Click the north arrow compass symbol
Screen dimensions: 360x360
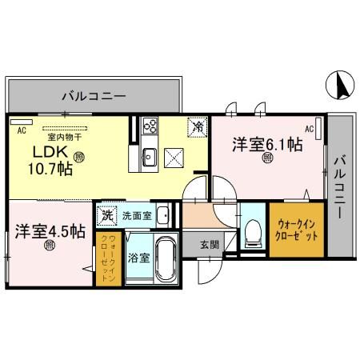[x=338, y=83]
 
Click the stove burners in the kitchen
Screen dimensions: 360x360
[x=151, y=126]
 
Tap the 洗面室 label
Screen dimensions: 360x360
[x=137, y=215]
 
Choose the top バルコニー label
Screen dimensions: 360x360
[x=94, y=97]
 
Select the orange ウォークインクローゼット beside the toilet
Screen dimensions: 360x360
[x=297, y=231]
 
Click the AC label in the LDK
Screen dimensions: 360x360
[x=22, y=129]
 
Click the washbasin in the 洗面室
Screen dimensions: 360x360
[x=162, y=215]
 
